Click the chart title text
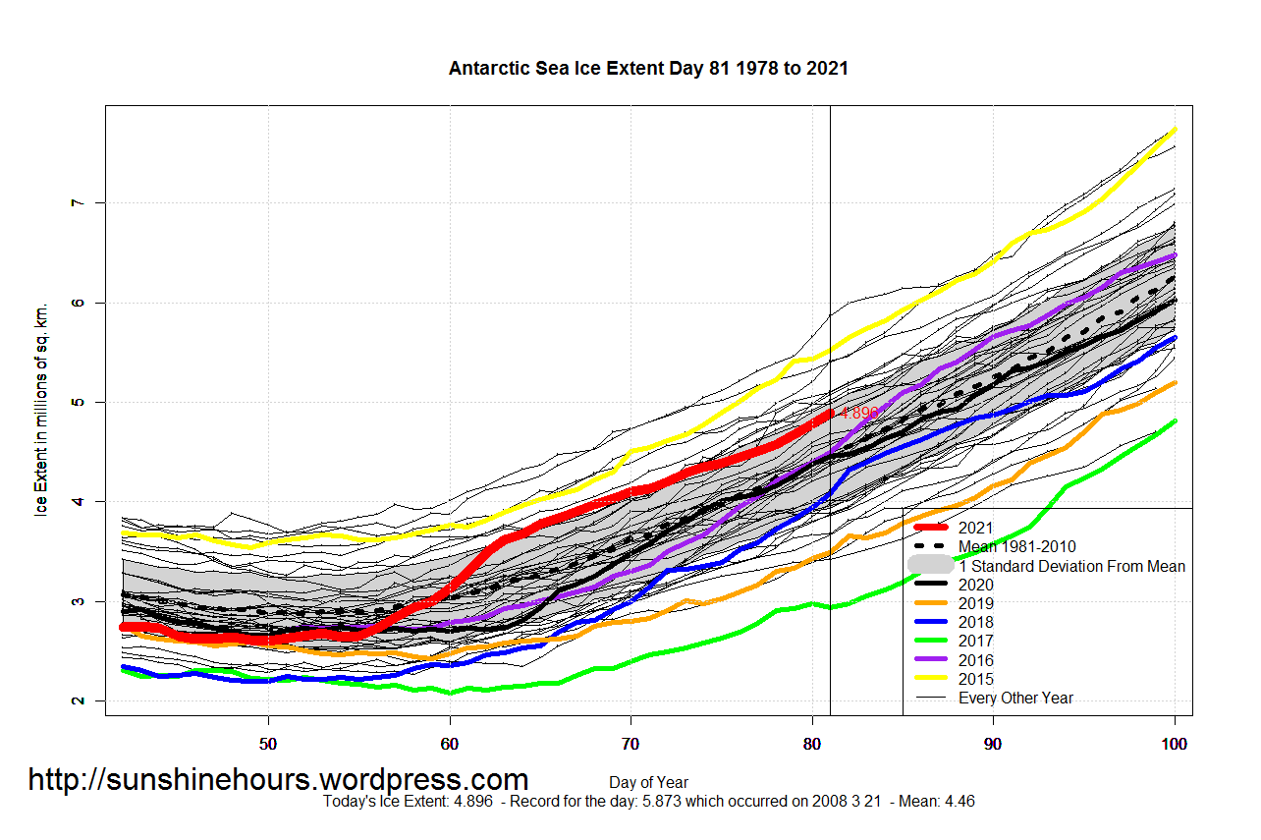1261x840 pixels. pos(648,69)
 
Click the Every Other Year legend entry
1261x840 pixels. pos(1015,698)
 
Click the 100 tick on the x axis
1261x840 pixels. pos(1175,744)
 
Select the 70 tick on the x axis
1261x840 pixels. pos(630,744)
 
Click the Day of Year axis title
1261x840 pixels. pos(648,783)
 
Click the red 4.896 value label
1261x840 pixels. pos(859,413)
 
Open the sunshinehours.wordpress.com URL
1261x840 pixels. pos(278,780)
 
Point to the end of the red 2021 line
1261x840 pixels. pos(829,413)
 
